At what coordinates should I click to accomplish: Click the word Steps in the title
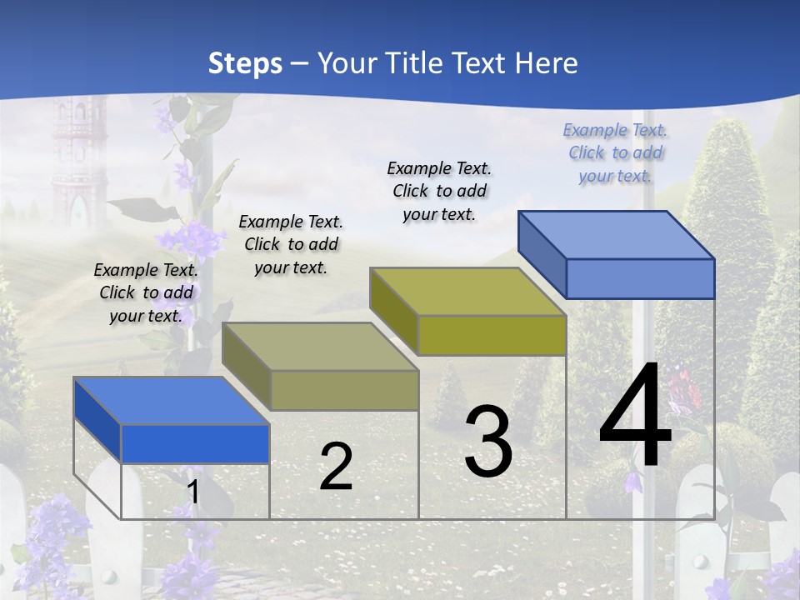tap(245, 63)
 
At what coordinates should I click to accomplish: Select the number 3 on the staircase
tap(487, 442)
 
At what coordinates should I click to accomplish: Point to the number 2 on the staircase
tap(336, 467)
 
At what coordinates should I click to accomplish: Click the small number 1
tap(192, 492)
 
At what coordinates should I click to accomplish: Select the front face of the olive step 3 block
tap(492, 335)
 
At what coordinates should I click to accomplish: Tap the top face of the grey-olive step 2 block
tap(320, 346)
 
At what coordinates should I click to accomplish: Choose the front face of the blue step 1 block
tap(195, 443)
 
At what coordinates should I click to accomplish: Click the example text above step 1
tap(146, 292)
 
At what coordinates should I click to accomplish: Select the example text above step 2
tap(291, 244)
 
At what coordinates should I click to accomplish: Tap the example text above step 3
tap(439, 191)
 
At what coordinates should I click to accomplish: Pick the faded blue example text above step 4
tap(615, 152)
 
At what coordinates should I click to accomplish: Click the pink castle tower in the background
tap(76, 158)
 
